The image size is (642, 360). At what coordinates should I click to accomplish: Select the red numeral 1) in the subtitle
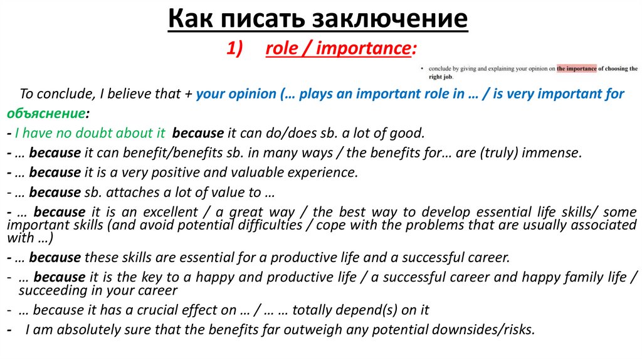pos(238,49)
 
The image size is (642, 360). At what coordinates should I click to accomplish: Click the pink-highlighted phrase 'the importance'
pos(576,68)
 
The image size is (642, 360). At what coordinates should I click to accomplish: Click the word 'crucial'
pos(150,310)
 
